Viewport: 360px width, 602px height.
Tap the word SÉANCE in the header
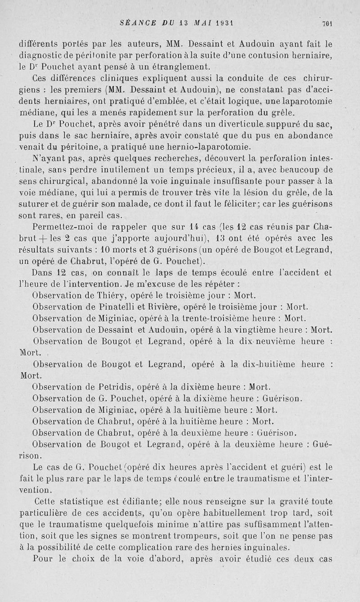coord(137,23)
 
